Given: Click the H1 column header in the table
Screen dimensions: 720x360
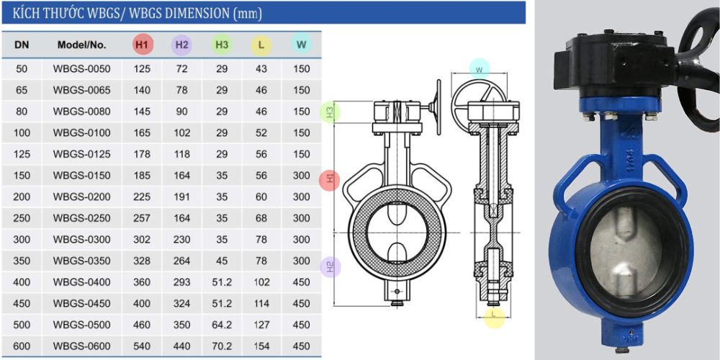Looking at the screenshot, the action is (x=143, y=45).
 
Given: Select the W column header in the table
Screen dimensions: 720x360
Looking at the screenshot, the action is (x=301, y=45).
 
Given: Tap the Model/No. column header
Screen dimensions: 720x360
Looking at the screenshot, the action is (x=82, y=45).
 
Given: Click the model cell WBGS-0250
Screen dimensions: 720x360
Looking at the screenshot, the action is (x=82, y=218).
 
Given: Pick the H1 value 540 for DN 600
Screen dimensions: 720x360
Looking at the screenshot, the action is (x=143, y=346).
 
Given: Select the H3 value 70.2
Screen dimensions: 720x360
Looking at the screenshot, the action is (x=222, y=346).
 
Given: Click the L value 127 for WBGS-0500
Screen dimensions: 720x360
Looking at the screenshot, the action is (x=261, y=325).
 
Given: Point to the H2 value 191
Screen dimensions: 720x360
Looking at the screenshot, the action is (x=182, y=197).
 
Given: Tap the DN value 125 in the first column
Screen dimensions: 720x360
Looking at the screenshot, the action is (x=22, y=154).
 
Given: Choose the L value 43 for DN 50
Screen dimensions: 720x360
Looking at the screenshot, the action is (x=261, y=69).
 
